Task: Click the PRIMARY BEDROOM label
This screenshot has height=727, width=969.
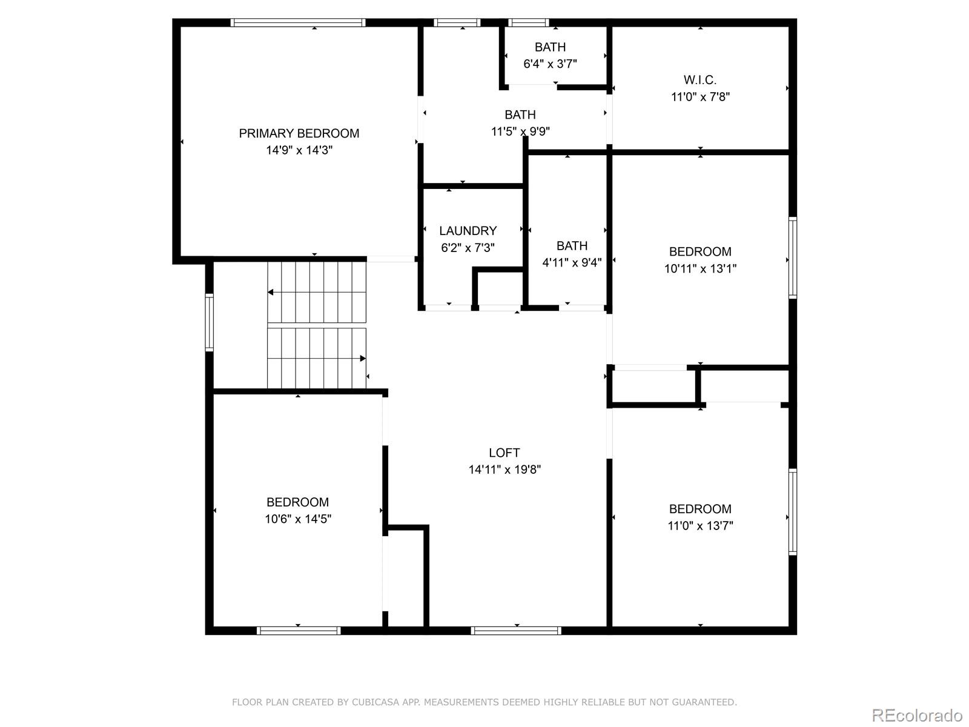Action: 299,133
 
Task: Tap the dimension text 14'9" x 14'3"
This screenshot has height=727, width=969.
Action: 299,150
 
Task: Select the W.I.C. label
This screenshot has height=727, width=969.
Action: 700,80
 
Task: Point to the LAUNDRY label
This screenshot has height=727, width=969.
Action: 468,231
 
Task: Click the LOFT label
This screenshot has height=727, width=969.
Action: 504,453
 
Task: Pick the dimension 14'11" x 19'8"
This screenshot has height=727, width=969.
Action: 504,470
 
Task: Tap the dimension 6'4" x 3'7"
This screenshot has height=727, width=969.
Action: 550,64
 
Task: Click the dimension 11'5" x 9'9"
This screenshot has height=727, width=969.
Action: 520,131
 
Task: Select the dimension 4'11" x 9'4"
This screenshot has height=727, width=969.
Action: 572,262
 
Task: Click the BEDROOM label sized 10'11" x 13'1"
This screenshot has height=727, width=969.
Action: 700,251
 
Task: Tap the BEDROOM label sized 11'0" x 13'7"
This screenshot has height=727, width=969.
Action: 700,509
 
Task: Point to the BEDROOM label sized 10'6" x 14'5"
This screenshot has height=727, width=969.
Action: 297,502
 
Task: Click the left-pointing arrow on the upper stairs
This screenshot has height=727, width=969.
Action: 271,293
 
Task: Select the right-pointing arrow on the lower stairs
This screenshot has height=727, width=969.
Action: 363,359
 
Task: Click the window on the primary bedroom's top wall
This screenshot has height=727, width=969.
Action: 297,23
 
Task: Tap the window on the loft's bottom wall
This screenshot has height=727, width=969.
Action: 516,631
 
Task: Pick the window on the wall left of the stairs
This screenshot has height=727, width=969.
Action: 210,322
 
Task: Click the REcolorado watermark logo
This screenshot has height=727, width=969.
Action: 917,715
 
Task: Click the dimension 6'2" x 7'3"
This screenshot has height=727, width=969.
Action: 468,248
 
